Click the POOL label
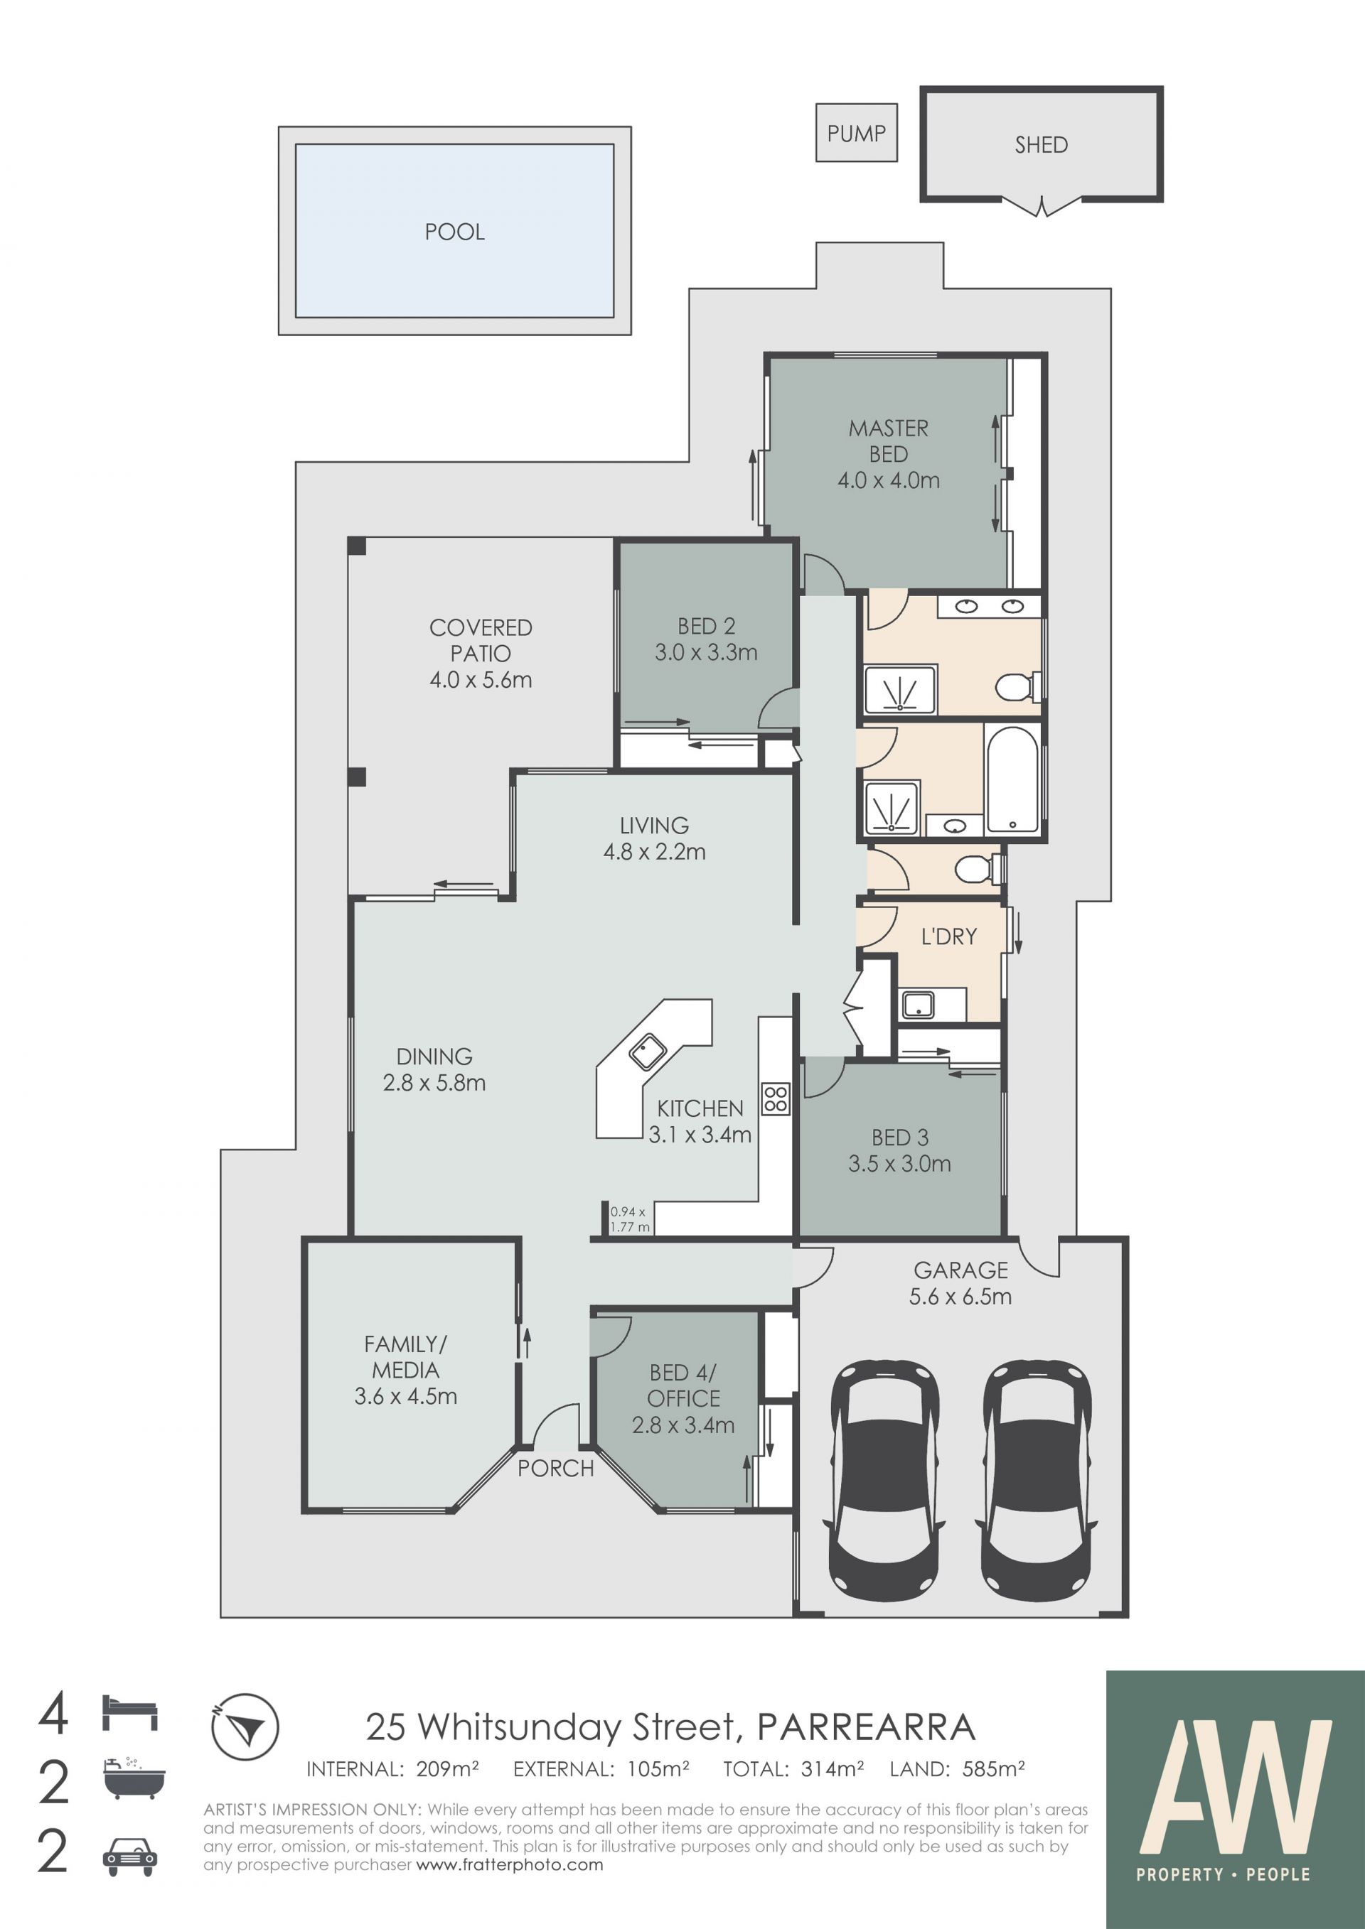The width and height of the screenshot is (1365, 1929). point(455,232)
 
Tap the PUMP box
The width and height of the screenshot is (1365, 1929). point(857,133)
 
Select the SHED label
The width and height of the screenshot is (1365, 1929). point(1041,146)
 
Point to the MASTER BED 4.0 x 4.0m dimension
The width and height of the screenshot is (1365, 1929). point(889,480)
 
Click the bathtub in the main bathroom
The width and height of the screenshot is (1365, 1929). point(1013,779)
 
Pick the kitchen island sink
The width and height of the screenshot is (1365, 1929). point(647,1052)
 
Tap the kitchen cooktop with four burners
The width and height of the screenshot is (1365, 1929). point(776,1099)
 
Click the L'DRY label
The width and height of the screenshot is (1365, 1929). point(949,936)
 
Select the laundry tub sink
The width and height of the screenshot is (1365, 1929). point(918,1004)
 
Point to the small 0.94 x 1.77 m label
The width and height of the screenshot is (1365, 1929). point(628,1219)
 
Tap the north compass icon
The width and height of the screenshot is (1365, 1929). point(245,1727)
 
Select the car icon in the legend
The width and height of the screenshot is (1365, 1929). point(129,1857)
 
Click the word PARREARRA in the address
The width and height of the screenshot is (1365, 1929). point(867,1727)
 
